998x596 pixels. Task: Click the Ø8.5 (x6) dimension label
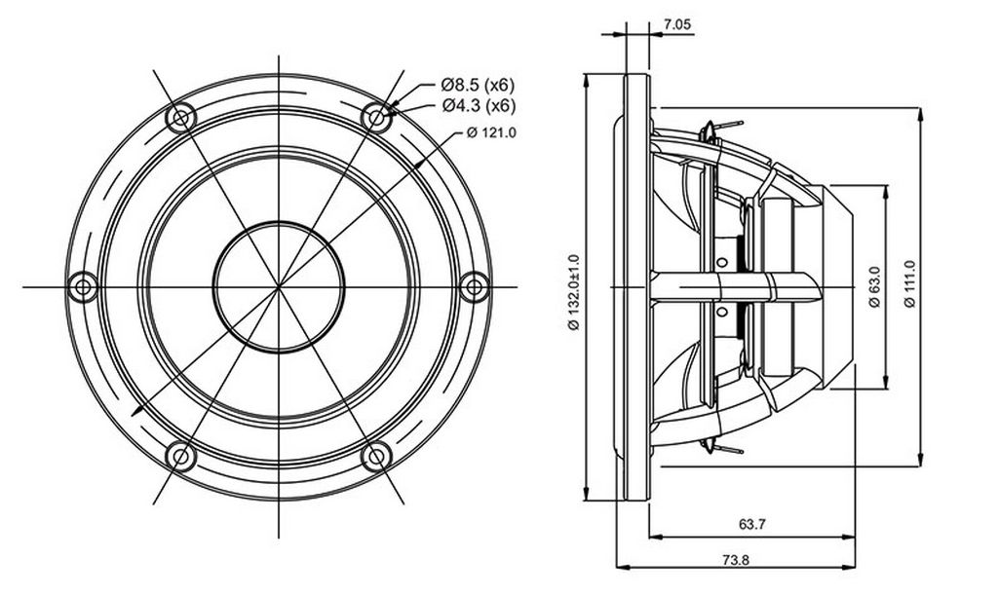point(478,85)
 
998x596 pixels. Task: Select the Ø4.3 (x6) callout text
point(479,105)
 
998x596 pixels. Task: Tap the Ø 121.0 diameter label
point(491,133)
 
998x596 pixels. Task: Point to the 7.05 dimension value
point(677,24)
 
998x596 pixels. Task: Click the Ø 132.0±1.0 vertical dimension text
point(574,292)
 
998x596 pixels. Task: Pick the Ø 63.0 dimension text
point(874,287)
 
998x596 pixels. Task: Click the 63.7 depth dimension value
point(751,524)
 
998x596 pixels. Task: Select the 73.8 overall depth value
point(735,560)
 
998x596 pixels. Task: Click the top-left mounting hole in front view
point(180,118)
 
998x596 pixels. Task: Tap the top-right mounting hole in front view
point(377,118)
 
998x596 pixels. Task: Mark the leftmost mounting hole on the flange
point(83,287)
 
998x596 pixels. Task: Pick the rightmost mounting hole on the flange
point(475,287)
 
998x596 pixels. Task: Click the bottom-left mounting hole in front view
point(180,456)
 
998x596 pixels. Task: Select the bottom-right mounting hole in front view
point(377,456)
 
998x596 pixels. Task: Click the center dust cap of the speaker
point(279,287)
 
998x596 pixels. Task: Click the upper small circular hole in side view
point(722,262)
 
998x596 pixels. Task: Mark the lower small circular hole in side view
point(722,311)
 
